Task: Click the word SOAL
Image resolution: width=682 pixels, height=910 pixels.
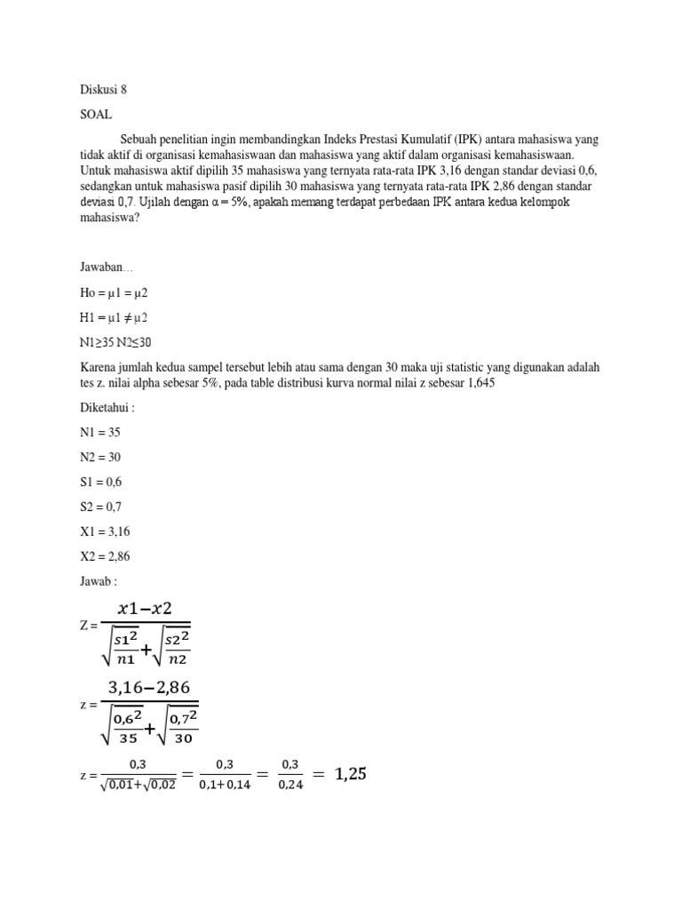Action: [x=96, y=115]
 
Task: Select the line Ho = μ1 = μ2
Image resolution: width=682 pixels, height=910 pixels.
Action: [x=113, y=292]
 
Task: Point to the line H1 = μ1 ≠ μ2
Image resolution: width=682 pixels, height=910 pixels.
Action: [x=114, y=317]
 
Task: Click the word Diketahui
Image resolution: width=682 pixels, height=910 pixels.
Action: [x=107, y=407]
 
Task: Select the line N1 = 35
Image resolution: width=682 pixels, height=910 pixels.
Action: [x=99, y=432]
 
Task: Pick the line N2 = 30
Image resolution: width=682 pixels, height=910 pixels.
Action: [x=99, y=457]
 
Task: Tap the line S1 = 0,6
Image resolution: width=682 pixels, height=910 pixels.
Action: [x=100, y=482]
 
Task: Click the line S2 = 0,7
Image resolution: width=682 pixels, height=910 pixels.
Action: [x=100, y=507]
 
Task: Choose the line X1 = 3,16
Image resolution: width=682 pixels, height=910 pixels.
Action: [x=104, y=531]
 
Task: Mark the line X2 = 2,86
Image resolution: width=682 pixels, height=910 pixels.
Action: [x=104, y=556]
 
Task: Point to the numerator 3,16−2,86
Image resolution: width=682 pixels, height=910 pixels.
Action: [x=148, y=688]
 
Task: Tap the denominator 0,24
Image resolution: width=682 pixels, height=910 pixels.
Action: [x=290, y=785]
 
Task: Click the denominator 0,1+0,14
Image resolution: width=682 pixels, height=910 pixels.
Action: [x=224, y=785]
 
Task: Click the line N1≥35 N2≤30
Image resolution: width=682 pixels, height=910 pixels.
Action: [x=115, y=342]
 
